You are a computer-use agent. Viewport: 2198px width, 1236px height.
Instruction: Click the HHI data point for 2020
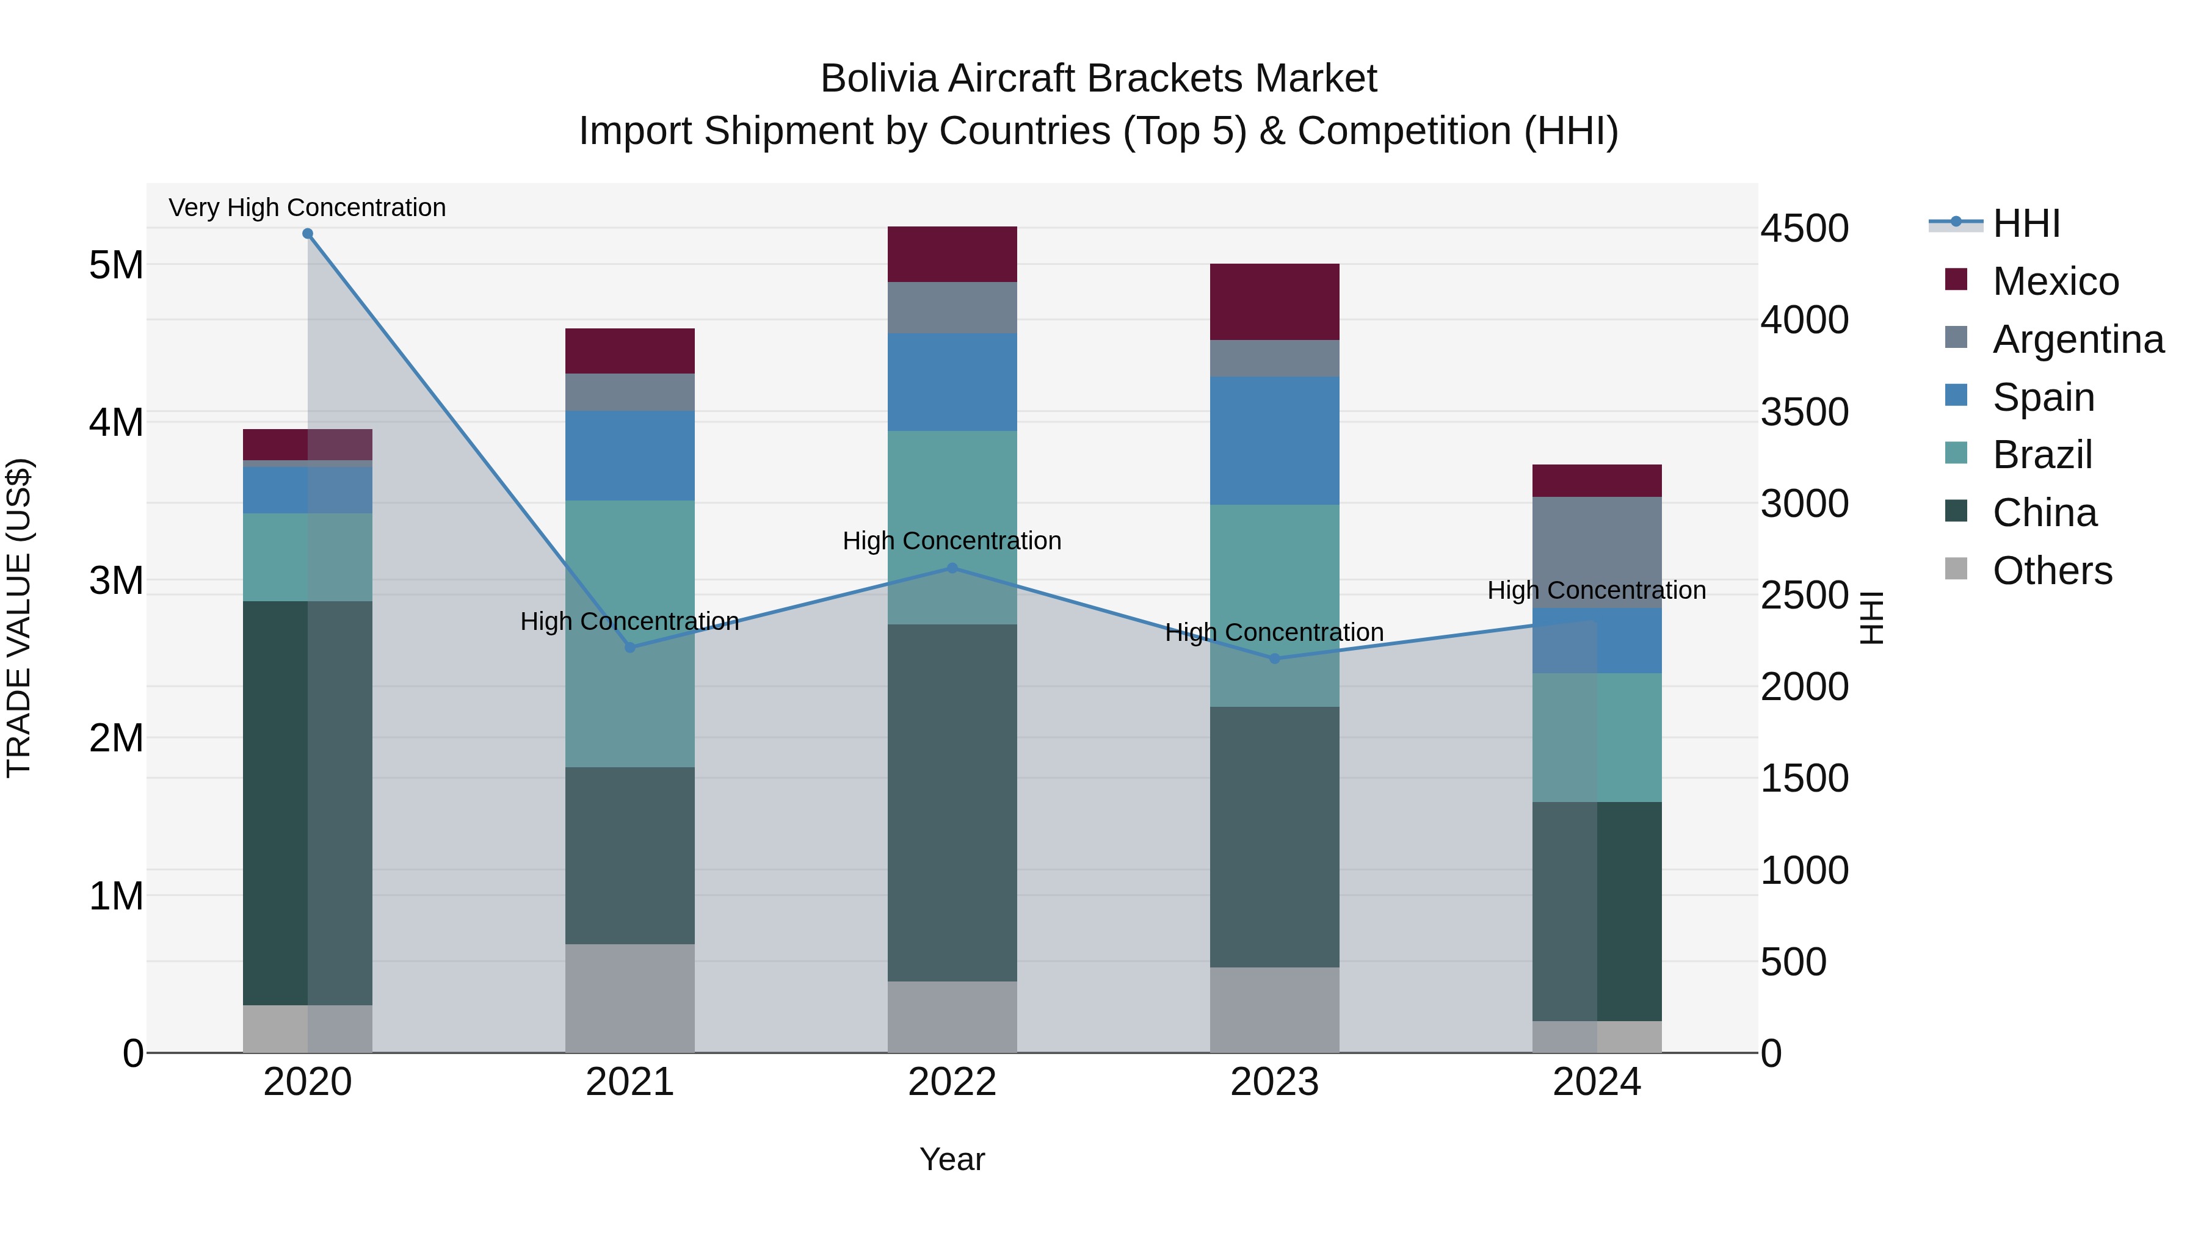[x=308, y=234]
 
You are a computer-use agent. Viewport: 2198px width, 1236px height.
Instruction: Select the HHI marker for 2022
[x=952, y=568]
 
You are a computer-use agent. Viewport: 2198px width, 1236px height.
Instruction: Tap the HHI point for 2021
[x=629, y=648]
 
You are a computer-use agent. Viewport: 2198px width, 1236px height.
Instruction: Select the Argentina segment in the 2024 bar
[x=1597, y=552]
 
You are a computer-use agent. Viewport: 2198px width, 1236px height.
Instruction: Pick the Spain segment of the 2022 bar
[x=952, y=381]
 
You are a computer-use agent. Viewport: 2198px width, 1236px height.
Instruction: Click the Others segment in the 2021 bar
[x=629, y=997]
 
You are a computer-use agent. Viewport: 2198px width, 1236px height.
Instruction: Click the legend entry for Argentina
[x=2077, y=339]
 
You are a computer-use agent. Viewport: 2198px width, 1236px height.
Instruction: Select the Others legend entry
[x=2051, y=571]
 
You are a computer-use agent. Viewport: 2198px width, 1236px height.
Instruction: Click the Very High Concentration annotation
[x=307, y=208]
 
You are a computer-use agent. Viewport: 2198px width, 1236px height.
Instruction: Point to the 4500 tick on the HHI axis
[x=1804, y=229]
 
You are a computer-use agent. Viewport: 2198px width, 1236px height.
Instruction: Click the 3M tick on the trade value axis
[x=116, y=580]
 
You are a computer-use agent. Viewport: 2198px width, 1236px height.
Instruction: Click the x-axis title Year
[x=952, y=1159]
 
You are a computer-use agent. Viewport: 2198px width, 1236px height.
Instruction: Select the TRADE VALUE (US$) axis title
[x=19, y=618]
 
